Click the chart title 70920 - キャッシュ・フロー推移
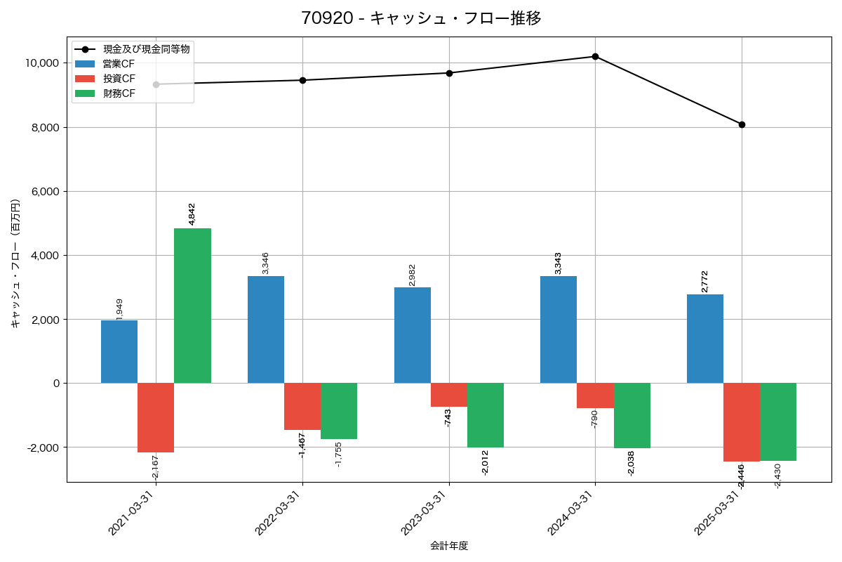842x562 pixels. coord(421,18)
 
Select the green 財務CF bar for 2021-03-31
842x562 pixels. coord(192,306)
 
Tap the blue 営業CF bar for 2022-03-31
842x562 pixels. coord(266,329)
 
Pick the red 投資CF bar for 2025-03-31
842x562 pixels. coord(742,422)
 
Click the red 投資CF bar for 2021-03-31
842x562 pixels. coord(156,417)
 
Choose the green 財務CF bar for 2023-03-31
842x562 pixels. coord(486,415)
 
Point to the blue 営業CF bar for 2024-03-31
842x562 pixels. coord(559,329)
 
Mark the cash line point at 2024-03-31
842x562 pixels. coord(595,56)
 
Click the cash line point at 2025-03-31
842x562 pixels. coord(742,124)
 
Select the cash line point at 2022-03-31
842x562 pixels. coord(302,80)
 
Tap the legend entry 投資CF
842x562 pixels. coord(119,79)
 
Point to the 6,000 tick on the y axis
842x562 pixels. coord(43,192)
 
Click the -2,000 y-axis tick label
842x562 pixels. coord(41,447)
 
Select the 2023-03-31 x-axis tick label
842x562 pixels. coord(424,514)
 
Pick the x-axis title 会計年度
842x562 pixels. coord(449,546)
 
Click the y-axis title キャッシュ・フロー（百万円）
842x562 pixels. coord(15,263)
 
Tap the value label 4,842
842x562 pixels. coord(192,214)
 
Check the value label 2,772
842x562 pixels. coord(705,281)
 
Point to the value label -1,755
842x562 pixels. coord(339,455)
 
